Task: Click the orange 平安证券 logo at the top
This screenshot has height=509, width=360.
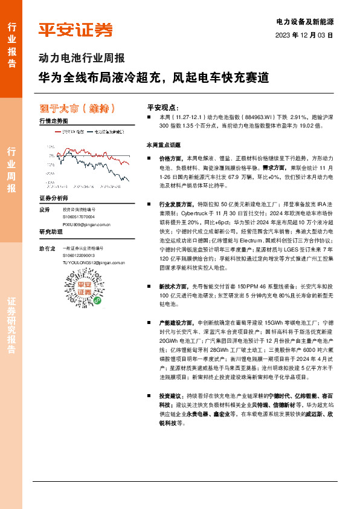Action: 75,30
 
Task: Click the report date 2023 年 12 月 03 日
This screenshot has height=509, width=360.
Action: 304,35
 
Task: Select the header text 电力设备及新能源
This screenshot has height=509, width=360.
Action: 305,21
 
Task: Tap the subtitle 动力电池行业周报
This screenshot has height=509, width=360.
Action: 82,59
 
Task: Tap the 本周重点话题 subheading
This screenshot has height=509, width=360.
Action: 164,146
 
